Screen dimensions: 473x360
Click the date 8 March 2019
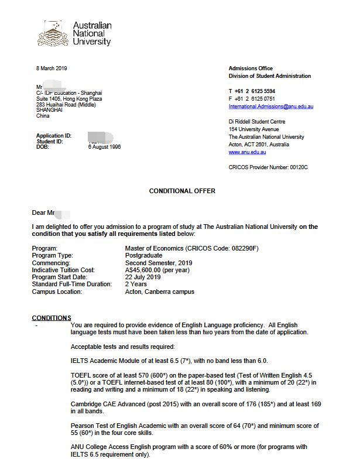(52, 68)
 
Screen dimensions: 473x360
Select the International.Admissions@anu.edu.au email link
(270, 107)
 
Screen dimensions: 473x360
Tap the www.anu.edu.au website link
(247, 152)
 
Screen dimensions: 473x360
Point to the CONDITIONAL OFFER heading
(182, 191)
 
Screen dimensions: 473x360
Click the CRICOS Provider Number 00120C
(268, 167)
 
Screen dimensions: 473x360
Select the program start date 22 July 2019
(143, 277)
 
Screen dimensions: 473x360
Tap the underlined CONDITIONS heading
(52, 318)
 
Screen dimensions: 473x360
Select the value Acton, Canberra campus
(159, 292)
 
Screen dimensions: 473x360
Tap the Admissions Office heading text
(251, 68)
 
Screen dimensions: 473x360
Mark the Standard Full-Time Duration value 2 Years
(136, 285)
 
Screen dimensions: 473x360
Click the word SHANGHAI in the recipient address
(49, 110)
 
